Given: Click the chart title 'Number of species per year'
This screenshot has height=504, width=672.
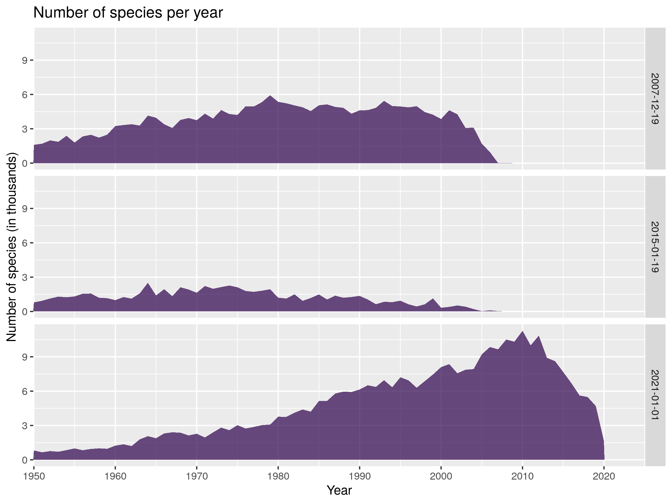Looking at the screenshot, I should coord(128,13).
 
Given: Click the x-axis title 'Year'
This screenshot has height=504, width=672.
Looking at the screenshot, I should coord(339,490).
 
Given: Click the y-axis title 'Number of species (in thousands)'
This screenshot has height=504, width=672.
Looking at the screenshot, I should coord(11,247).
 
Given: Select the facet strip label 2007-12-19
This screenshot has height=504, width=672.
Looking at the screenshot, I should coord(655,99).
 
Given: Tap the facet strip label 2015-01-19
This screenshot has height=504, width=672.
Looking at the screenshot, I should coord(655,247).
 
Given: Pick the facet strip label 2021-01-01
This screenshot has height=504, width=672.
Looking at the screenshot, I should coord(655,395).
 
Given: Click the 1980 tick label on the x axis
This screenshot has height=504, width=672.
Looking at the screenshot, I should coord(278,476).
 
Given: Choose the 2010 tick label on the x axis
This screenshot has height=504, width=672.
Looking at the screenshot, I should coord(522,476).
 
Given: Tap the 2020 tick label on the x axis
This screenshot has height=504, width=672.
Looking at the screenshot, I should coord(604,476).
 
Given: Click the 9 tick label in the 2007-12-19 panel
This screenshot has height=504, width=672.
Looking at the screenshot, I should coord(25,60).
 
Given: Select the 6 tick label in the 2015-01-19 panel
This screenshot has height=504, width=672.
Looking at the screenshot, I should coord(25,243).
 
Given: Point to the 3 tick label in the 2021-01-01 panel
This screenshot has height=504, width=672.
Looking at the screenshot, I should coord(25,426).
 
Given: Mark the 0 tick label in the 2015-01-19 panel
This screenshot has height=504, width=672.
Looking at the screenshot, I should coord(25,312).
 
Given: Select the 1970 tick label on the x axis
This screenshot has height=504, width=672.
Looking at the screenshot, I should coord(197,476).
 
